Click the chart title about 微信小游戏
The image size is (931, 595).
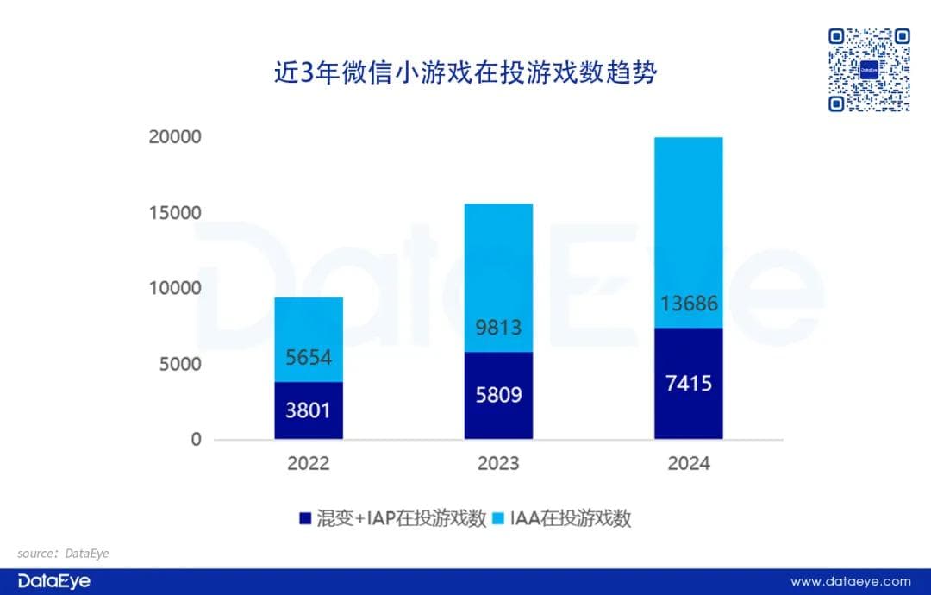click(x=465, y=74)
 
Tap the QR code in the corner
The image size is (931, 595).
click(x=869, y=70)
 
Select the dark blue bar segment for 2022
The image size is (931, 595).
click(x=309, y=410)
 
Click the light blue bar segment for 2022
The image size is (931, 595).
click(x=309, y=338)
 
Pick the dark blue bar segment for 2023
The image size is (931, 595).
click(x=498, y=396)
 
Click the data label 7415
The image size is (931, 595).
click(x=688, y=382)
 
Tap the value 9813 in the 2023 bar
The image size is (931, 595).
click(x=498, y=329)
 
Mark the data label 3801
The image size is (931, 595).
click(x=309, y=410)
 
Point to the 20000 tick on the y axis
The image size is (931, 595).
click(x=175, y=137)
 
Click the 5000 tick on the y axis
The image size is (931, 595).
click(x=180, y=364)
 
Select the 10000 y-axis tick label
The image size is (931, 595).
click(x=175, y=288)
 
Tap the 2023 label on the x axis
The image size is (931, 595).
click(x=498, y=464)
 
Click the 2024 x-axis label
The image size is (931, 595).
click(x=688, y=464)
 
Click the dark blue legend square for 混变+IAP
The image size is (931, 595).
click(x=304, y=518)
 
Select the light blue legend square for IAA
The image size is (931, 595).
click(x=497, y=518)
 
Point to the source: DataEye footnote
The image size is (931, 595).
click(x=63, y=553)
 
